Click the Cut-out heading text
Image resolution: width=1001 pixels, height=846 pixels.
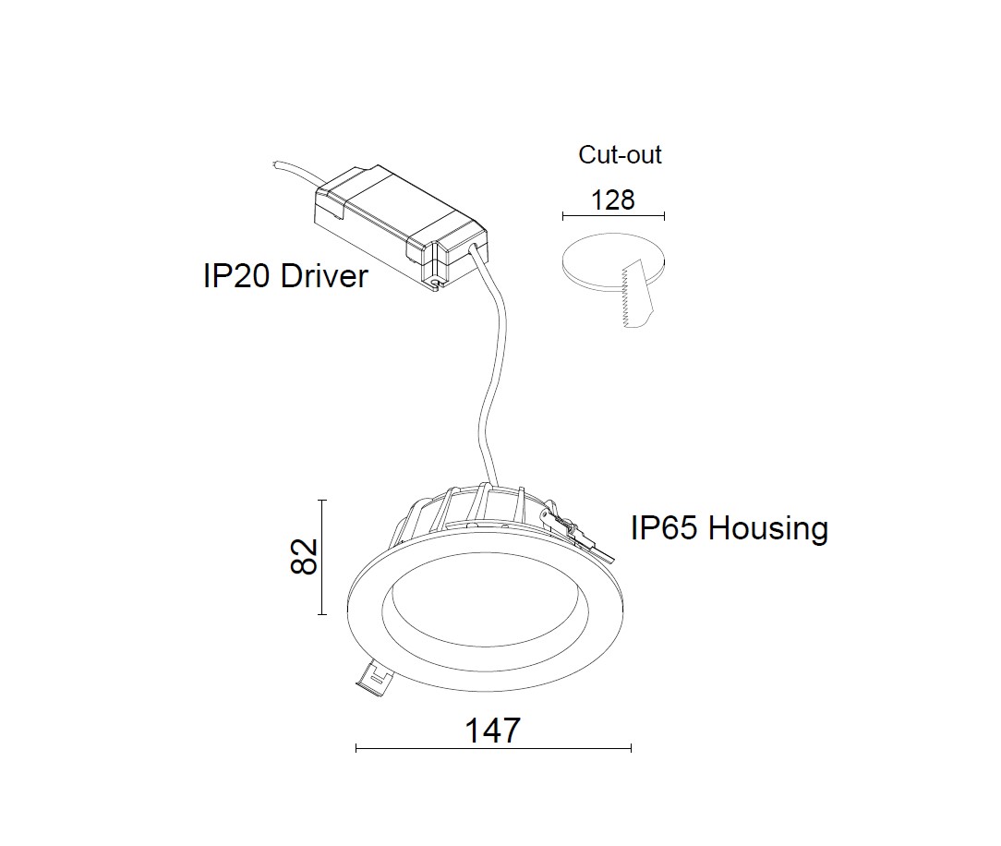coord(620,155)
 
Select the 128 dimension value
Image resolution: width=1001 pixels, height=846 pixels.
coord(613,199)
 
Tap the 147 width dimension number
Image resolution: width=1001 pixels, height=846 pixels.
coord(492,731)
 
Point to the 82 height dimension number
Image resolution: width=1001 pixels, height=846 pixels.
coord(304,556)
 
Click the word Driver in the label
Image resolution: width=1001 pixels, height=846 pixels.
coord(324,275)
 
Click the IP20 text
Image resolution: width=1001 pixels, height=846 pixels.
coord(237,275)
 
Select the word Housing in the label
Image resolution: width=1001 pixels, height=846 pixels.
coord(768,528)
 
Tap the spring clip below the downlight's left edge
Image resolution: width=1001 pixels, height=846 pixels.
coord(373,679)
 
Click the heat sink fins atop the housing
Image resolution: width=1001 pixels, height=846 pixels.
coord(480,508)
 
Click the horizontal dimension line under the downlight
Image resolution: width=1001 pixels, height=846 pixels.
coord(493,748)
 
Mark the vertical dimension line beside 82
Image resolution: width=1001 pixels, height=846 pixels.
coord(322,557)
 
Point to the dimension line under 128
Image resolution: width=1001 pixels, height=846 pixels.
coord(613,217)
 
